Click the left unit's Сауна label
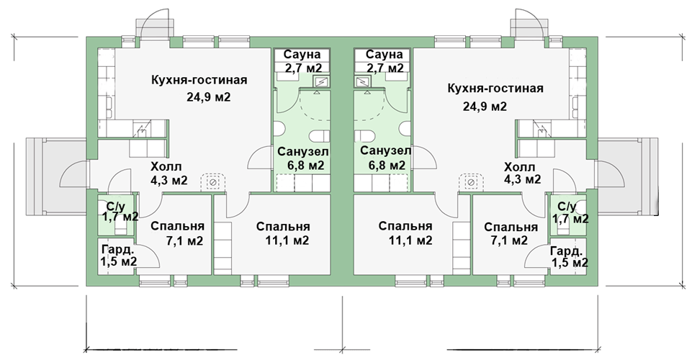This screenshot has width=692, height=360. tap(302, 55)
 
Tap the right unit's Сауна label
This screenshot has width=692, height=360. tap(385, 55)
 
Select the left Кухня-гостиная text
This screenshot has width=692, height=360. tap(199, 81)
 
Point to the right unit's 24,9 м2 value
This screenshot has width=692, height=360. tap(485, 107)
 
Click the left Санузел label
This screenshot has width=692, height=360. tap(302, 152)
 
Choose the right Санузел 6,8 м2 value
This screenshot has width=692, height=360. tap(387, 166)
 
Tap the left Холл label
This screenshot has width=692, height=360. tap(166, 167)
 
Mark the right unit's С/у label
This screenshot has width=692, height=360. tap(567, 207)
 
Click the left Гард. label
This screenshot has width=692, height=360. tap(117, 250)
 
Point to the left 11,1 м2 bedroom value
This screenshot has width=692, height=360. tap(287, 240)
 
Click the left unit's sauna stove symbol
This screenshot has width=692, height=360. tap(321, 81)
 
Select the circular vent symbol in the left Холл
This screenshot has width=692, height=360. tap(212, 182)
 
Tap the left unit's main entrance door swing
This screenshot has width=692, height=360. tap(74, 174)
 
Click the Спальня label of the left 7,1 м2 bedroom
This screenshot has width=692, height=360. tap(177, 226)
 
